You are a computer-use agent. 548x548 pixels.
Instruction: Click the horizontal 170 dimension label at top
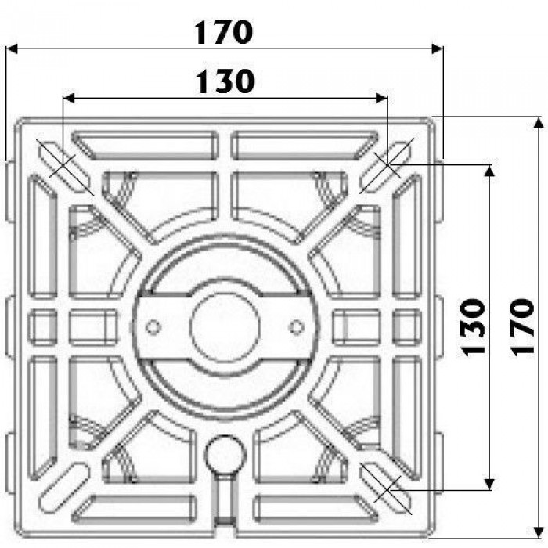[223, 32]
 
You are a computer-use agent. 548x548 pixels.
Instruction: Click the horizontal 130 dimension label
[225, 81]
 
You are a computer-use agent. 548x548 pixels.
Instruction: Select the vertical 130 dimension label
[474, 327]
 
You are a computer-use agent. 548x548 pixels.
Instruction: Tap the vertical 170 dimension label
[522, 327]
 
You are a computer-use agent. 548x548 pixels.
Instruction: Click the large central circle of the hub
[225, 326]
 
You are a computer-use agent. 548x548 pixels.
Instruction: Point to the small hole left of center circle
[153, 327]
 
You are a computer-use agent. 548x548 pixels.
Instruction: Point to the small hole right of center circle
[297, 327]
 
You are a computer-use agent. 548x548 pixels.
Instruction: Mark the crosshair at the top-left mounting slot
[62, 165]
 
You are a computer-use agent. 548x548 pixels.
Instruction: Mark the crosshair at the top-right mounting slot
[388, 165]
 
